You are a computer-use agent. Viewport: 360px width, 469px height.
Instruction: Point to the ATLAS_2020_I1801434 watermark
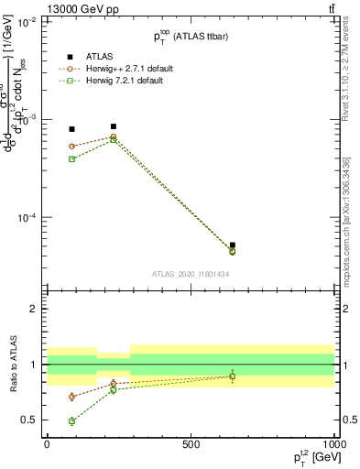pyautogui.click(x=190, y=274)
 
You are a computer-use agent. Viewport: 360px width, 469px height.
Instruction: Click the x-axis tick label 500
pyautogui.click(x=191, y=443)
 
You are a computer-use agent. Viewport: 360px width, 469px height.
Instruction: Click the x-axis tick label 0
pyautogui.click(x=47, y=443)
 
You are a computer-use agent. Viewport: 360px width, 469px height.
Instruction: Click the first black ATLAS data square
pyautogui.click(x=72, y=129)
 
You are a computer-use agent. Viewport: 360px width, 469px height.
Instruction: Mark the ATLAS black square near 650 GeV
pyautogui.click(x=233, y=245)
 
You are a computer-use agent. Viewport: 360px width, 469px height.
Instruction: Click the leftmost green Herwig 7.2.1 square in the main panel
pyautogui.click(x=72, y=159)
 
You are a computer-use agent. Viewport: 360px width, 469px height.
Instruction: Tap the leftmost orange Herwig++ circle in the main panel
pyautogui.click(x=72, y=147)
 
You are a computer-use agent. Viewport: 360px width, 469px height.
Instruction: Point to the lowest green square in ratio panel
pyautogui.click(x=72, y=421)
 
